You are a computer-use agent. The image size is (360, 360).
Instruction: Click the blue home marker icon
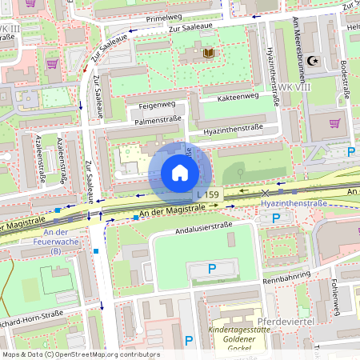pos(179,173)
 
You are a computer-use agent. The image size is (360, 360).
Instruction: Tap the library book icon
pos(209,53)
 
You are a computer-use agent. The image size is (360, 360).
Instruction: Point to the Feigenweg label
pos(156,104)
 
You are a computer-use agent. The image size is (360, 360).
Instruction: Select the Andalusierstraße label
pos(203,233)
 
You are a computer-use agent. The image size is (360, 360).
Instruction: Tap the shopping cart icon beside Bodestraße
pos(334,123)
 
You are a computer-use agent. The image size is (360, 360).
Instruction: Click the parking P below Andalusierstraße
pos(211,270)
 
